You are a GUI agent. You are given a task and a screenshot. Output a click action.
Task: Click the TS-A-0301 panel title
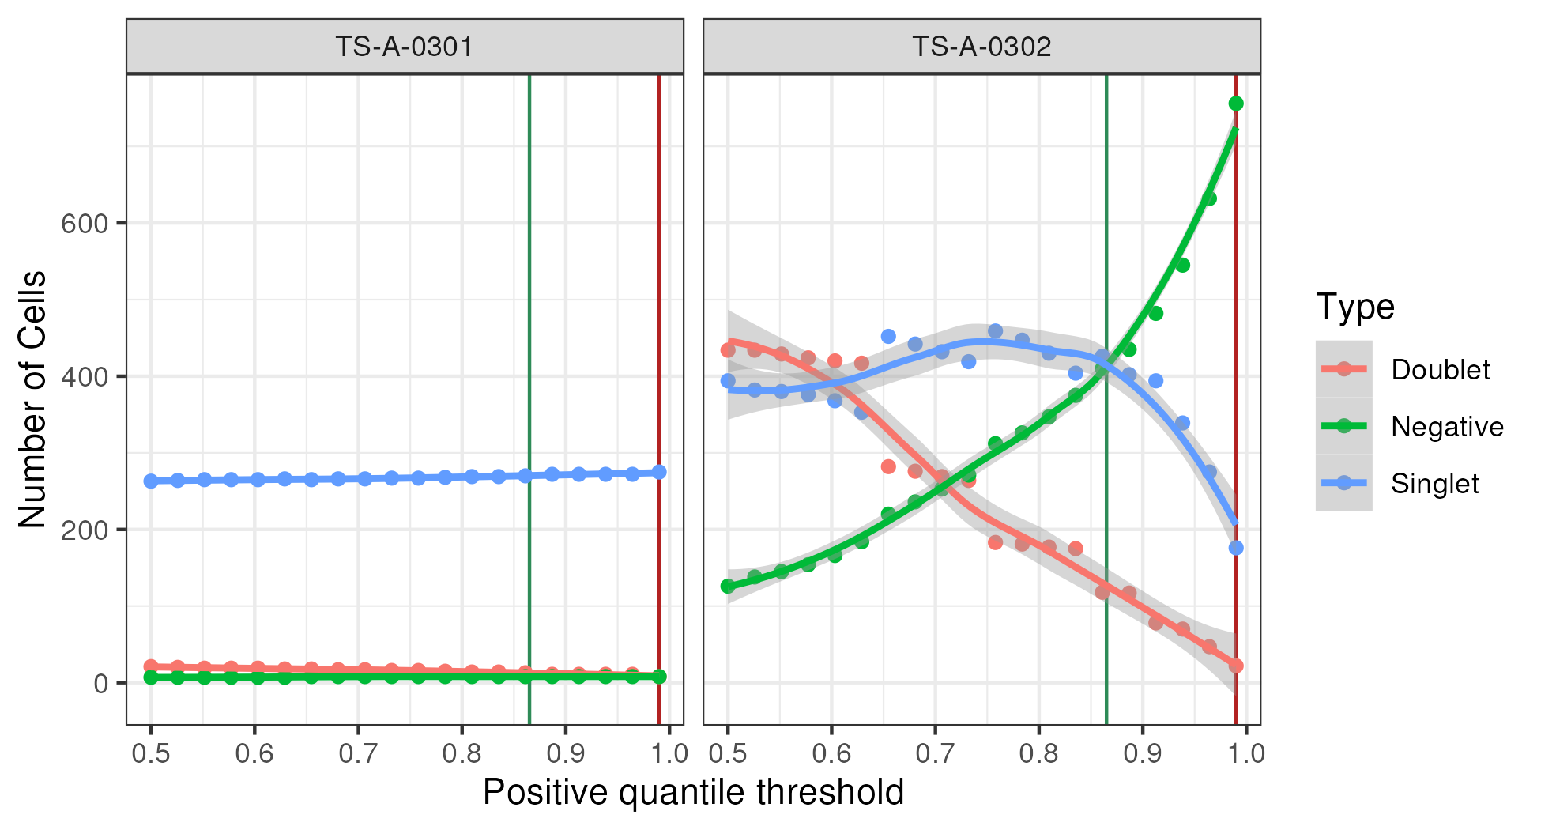pos(405,47)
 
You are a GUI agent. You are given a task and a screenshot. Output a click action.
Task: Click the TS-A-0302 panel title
pos(981,47)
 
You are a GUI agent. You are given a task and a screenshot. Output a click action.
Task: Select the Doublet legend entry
pos(1440,370)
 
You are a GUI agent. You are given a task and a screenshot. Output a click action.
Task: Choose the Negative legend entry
pos(1447,427)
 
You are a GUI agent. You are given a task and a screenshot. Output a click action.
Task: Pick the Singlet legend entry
pos(1434,484)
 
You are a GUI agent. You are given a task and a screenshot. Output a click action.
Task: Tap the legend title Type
pos(1355,307)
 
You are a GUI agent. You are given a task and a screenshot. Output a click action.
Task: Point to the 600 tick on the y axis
pos(85,224)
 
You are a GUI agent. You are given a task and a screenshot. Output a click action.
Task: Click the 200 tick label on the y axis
pos(85,530)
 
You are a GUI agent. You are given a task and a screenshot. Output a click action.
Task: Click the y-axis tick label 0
pos(101,683)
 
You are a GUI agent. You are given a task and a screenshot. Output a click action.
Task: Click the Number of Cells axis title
pos(33,399)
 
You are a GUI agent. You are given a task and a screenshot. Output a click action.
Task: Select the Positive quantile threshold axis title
pos(693,793)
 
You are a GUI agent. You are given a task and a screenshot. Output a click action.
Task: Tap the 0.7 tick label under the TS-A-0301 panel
pos(358,753)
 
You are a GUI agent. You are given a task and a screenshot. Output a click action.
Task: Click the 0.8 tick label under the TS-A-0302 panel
pos(1038,753)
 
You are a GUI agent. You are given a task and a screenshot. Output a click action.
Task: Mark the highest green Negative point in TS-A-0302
pos(1236,104)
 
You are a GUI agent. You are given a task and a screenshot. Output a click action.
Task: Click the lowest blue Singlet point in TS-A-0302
pos(1236,548)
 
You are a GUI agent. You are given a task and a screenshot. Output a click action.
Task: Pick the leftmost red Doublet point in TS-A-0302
pos(728,350)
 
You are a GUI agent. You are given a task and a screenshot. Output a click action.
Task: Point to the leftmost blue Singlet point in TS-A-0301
pos(151,481)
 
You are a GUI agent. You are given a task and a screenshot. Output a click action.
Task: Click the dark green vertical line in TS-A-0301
pos(529,316)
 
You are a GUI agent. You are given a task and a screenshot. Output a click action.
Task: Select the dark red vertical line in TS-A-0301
pos(659,316)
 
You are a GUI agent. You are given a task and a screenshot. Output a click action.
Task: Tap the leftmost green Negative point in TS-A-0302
pos(728,586)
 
